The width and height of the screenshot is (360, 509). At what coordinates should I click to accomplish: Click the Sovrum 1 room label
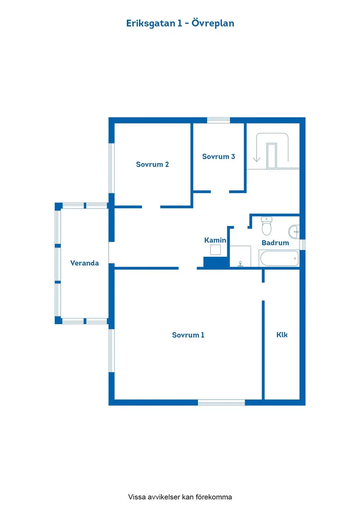(x=188, y=335)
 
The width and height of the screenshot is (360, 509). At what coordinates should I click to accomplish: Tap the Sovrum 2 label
(x=152, y=164)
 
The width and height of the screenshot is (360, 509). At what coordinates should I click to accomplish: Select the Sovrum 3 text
(x=218, y=157)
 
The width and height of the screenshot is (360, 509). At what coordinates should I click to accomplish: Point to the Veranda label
(x=85, y=263)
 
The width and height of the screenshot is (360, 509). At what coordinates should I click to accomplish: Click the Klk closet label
(x=282, y=335)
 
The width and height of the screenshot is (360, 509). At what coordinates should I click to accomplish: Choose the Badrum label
(x=275, y=243)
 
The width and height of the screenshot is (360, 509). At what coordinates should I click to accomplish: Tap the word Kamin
(x=215, y=240)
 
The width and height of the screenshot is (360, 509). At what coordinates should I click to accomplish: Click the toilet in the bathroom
(x=267, y=226)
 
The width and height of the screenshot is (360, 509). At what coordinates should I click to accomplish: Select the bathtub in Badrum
(x=279, y=258)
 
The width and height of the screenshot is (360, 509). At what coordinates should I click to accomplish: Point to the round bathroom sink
(x=294, y=232)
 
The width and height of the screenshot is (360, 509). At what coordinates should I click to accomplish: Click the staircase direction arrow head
(x=257, y=159)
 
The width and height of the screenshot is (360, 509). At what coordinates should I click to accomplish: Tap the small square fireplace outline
(x=216, y=250)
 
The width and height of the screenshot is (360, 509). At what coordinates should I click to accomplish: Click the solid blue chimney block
(x=216, y=262)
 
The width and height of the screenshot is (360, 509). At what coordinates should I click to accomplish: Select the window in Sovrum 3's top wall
(x=218, y=120)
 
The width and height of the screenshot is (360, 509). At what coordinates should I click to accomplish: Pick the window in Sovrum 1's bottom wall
(x=221, y=403)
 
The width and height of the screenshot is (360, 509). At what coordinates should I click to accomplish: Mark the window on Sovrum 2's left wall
(x=111, y=168)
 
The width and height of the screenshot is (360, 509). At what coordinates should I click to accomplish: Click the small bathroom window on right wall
(x=302, y=244)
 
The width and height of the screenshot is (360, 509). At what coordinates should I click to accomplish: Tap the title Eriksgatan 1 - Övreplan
(x=180, y=24)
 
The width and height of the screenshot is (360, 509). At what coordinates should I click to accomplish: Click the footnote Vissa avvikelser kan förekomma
(x=180, y=497)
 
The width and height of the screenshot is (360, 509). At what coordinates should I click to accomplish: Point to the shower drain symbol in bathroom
(x=240, y=264)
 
